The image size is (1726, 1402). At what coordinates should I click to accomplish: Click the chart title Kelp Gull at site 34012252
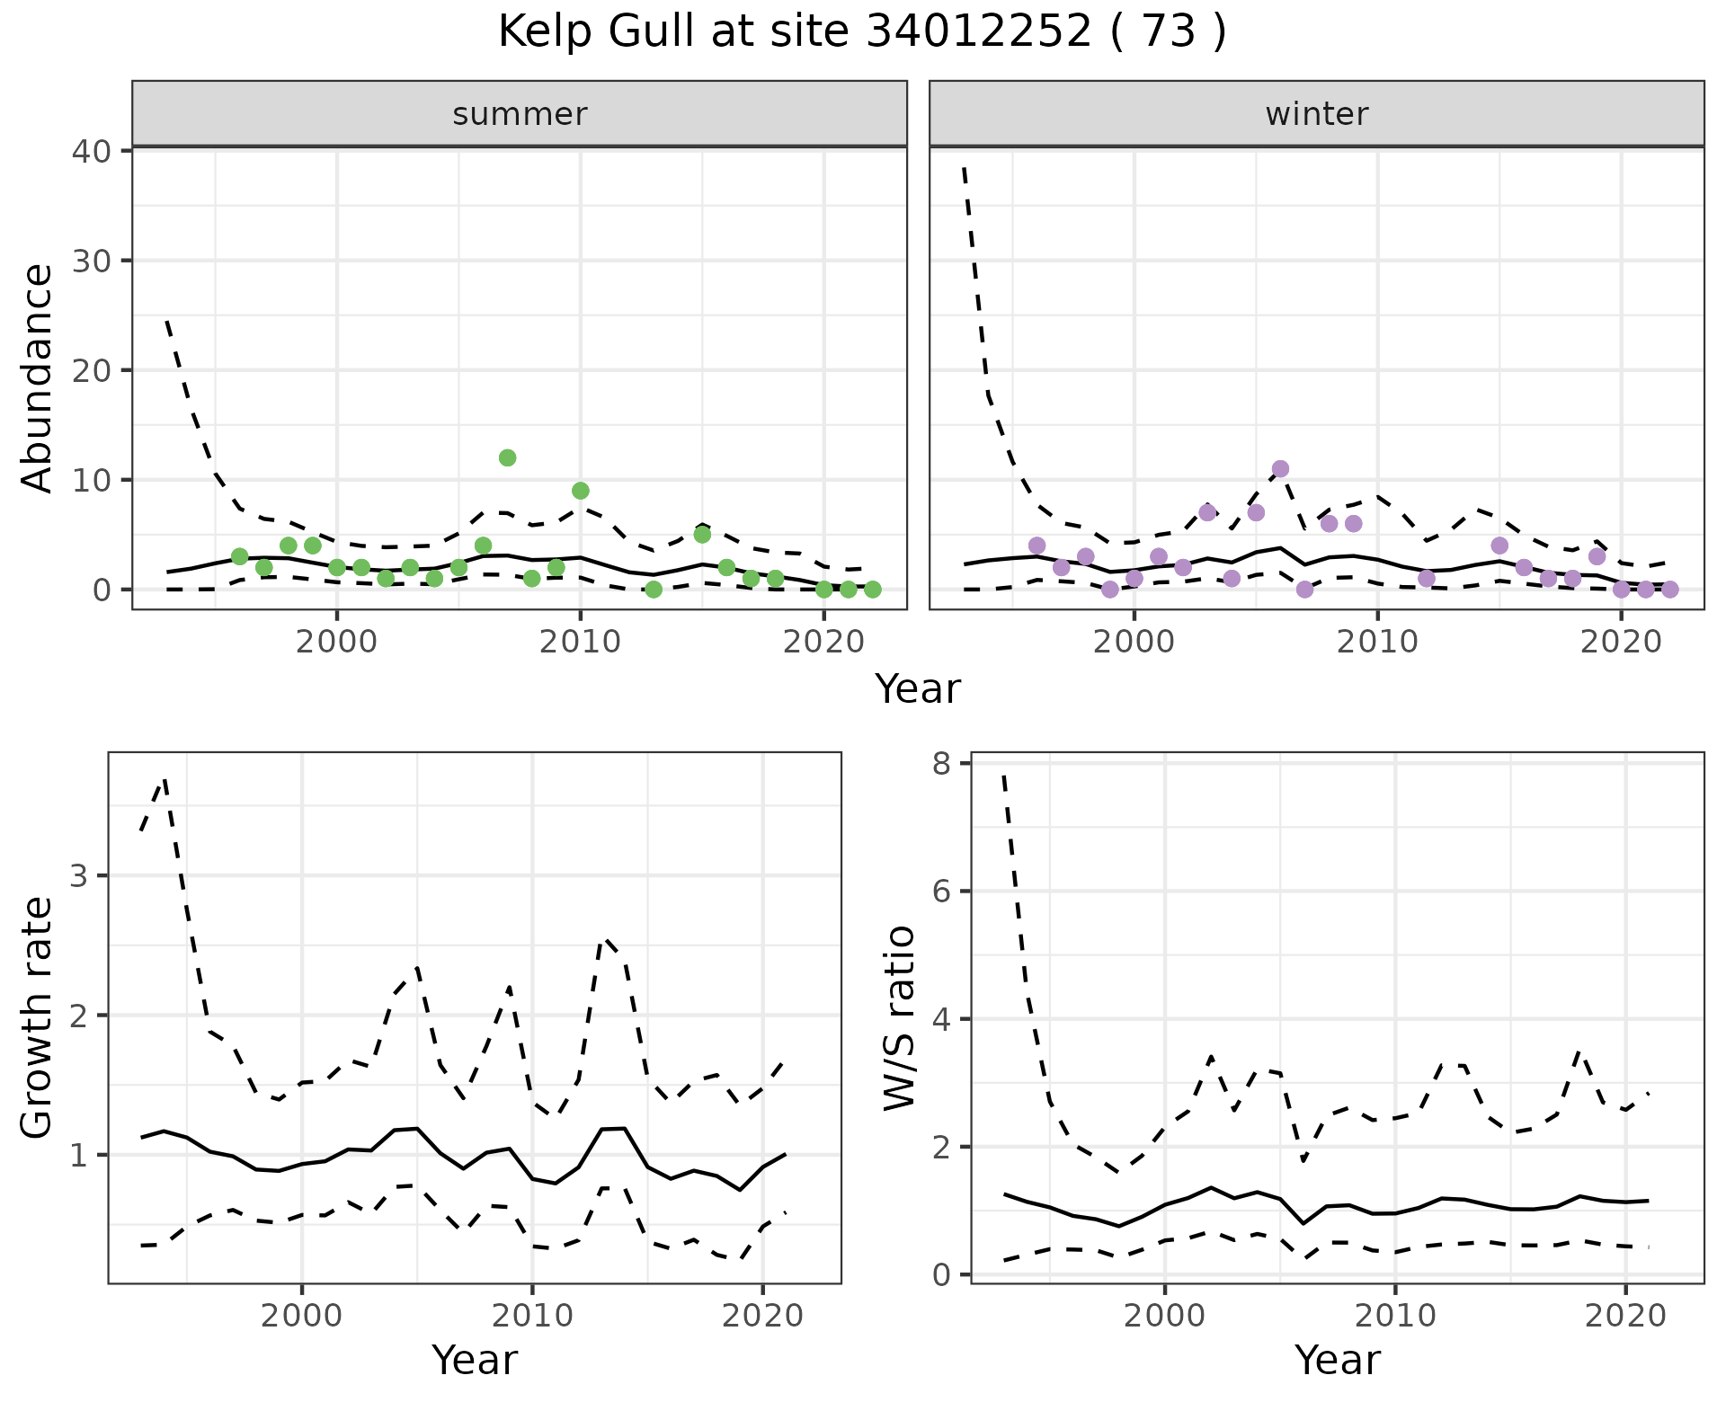861,32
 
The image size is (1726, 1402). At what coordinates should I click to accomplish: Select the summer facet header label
520,114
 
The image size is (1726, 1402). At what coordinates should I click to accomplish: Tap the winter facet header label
1316,114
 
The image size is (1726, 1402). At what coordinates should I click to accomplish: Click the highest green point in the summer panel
507,457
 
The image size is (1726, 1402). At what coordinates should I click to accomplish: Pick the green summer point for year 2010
580,491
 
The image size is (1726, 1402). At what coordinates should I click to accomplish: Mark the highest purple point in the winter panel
1280,468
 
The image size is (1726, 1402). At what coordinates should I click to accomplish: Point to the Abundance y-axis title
38,377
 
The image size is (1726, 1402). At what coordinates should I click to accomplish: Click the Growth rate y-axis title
38,1017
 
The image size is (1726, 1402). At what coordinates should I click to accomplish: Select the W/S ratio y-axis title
899,1017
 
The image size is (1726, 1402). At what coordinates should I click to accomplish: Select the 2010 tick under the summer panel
580,642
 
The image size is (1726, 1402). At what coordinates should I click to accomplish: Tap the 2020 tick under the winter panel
1621,642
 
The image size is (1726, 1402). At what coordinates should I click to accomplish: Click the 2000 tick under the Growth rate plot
302,1316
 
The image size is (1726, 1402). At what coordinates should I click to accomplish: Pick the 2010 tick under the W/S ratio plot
1395,1316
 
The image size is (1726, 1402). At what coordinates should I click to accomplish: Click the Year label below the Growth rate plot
475,1361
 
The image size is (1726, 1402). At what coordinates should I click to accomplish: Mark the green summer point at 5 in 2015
702,535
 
